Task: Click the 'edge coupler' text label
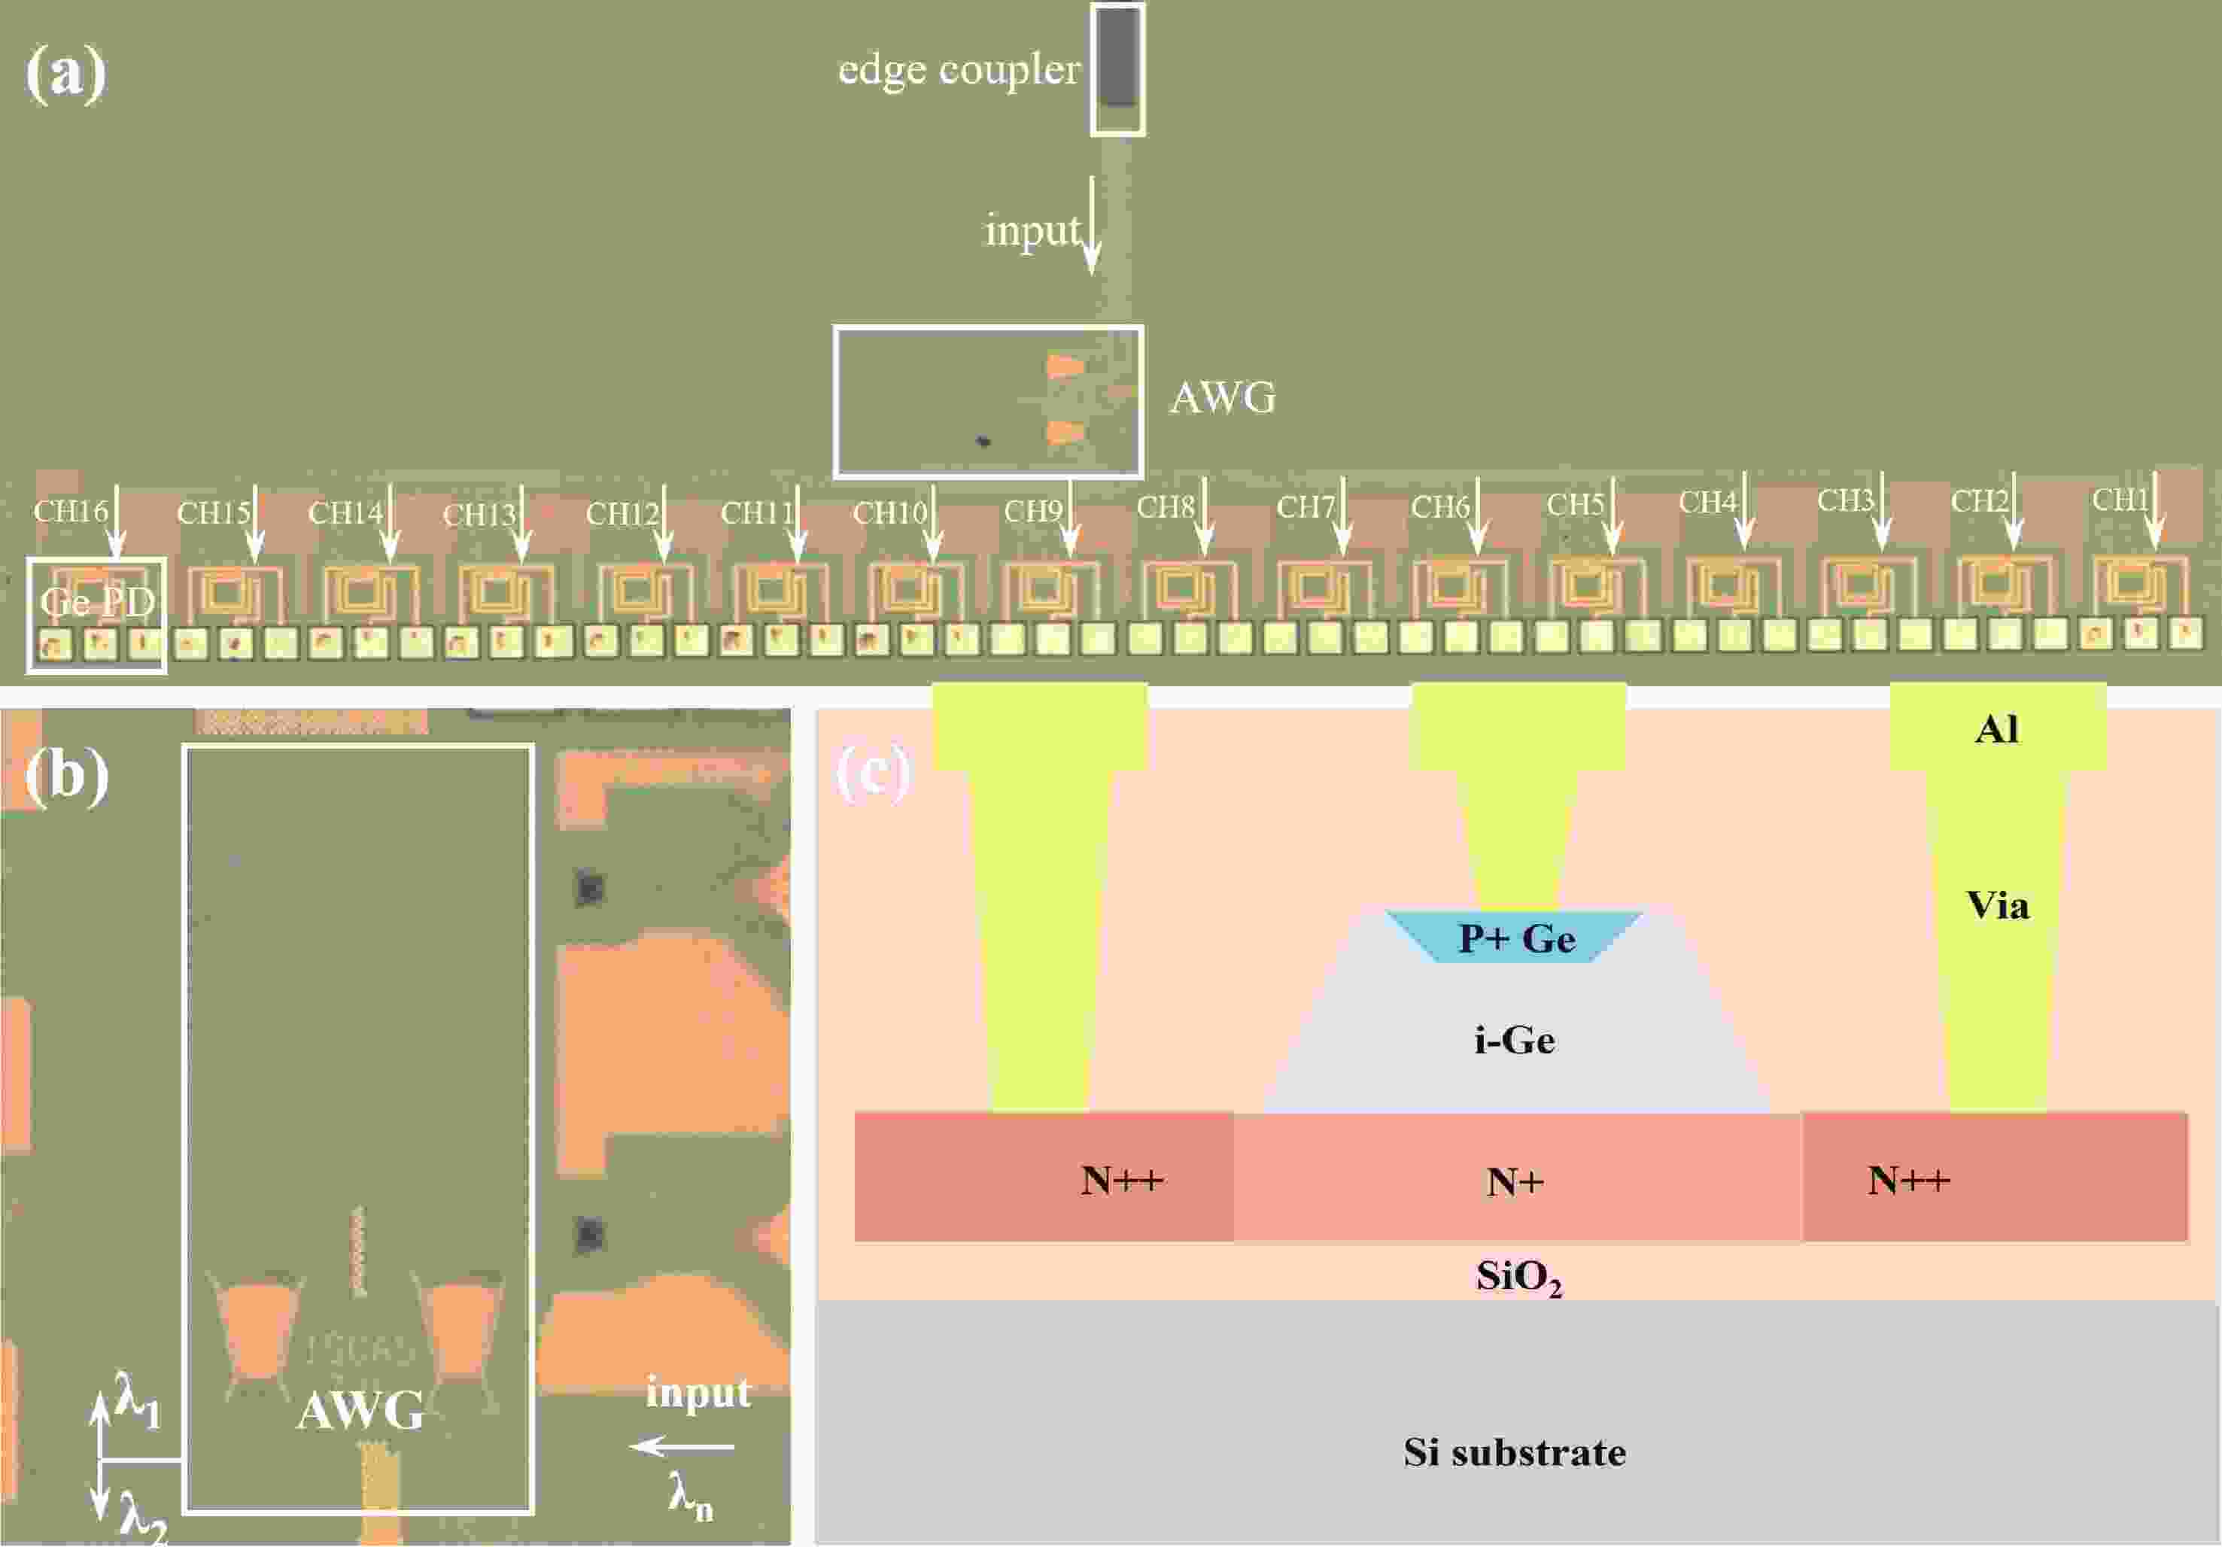pyautogui.click(x=958, y=70)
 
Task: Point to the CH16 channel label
pyautogui.click(x=70, y=510)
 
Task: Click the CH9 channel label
pyautogui.click(x=1032, y=510)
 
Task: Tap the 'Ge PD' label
pyautogui.click(x=97, y=602)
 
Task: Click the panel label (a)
pyautogui.click(x=65, y=74)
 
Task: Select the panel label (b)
pyautogui.click(x=65, y=775)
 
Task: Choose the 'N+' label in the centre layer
pyautogui.click(x=1515, y=1181)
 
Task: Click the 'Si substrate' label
pyautogui.click(x=1515, y=1452)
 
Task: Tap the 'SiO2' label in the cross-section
pyautogui.click(x=1518, y=1277)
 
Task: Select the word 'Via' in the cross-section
pyautogui.click(x=1998, y=906)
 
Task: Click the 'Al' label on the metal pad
pyautogui.click(x=1998, y=728)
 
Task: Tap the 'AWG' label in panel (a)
pyautogui.click(x=1222, y=397)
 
